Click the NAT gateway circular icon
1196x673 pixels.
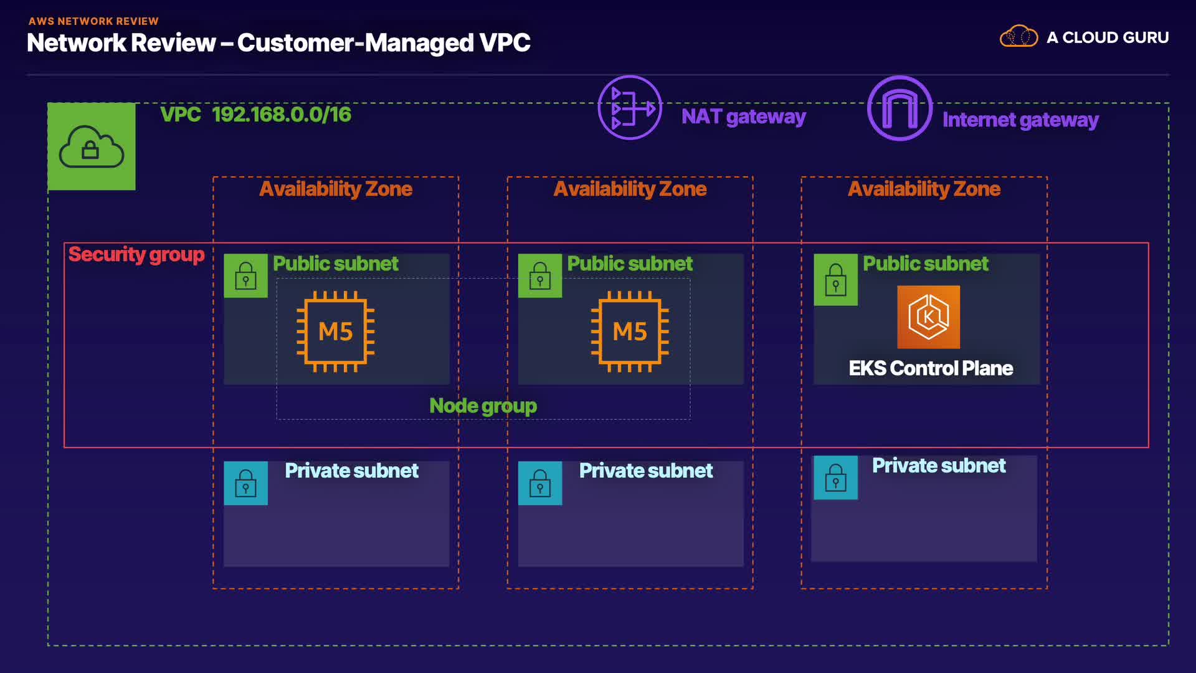630,108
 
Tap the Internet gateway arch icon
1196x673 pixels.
899,108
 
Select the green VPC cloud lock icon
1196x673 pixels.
92,146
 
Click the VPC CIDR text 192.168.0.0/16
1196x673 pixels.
282,115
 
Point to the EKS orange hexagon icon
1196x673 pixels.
928,317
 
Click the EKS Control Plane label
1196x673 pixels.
931,368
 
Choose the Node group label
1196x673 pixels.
483,406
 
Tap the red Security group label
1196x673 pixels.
136,254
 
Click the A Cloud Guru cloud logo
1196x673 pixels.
1018,37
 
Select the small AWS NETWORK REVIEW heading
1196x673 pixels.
93,21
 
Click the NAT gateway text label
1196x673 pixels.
743,117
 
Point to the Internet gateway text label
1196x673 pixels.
1020,120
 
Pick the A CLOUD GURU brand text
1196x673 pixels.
1108,37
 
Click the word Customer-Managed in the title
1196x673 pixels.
355,43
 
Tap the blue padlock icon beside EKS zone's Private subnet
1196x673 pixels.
835,477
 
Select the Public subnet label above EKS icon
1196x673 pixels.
925,264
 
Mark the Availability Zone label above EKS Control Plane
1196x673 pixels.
924,189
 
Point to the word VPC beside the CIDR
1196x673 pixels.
180,115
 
